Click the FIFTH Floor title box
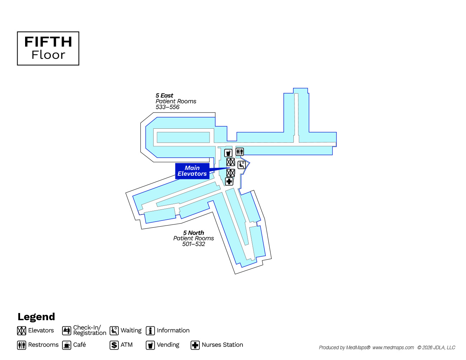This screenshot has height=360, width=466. point(48,48)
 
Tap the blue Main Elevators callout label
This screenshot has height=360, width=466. point(192,171)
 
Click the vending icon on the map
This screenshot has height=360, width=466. point(229,153)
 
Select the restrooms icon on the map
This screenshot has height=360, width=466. point(240,152)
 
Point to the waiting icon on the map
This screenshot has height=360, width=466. point(242,165)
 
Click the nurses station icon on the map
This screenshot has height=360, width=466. point(229,181)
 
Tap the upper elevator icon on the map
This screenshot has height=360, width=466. point(231,162)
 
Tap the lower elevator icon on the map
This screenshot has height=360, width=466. point(231,173)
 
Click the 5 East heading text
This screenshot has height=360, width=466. point(164,95)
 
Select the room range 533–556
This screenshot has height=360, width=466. point(168,107)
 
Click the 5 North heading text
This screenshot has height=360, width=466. point(193,233)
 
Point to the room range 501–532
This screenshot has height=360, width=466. point(193,244)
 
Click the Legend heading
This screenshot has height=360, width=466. point(36,317)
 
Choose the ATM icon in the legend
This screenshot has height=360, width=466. point(114,345)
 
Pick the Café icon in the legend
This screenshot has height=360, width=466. point(67,345)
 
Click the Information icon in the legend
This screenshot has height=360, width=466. point(150,331)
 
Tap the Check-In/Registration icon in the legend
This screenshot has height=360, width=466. point(67,331)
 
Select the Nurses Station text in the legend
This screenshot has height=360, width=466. point(222,345)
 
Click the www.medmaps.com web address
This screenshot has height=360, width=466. point(393,347)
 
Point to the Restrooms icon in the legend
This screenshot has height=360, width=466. point(22,345)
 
